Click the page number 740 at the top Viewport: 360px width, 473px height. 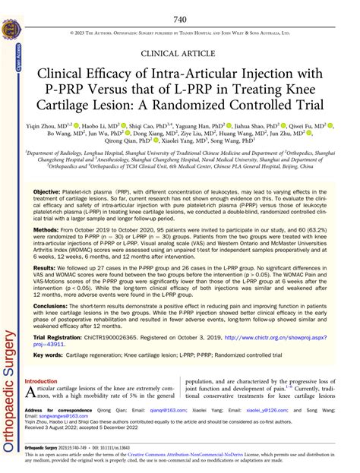pyautogui.click(x=180, y=19)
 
